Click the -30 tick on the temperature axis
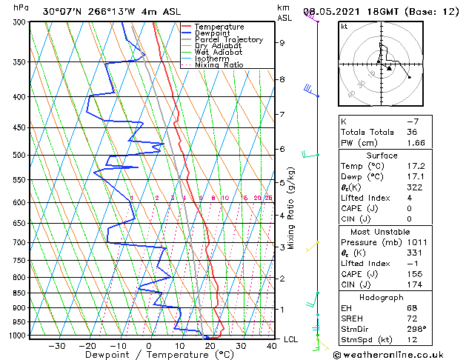pyautogui.click(x=56, y=345)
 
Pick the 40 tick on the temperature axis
pyautogui.click(x=273, y=345)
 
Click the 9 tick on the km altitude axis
pyautogui.click(x=282, y=43)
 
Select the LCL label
pyautogui.click(x=291, y=339)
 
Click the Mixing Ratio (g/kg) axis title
pyautogui.click(x=292, y=207)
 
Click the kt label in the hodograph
pyautogui.click(x=344, y=27)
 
